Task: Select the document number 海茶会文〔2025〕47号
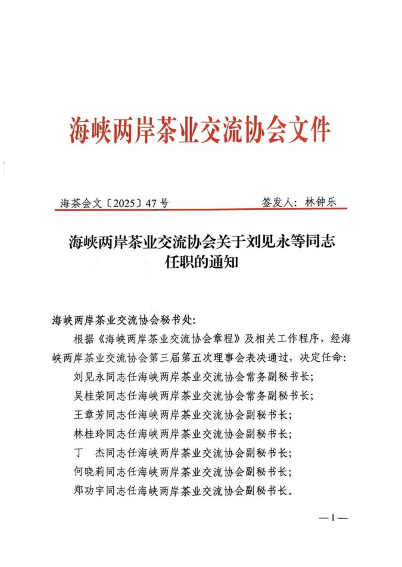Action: pyautogui.click(x=114, y=203)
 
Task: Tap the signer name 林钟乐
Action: pyautogui.click(x=320, y=202)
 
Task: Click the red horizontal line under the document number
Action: pyautogui.click(x=200, y=209)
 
